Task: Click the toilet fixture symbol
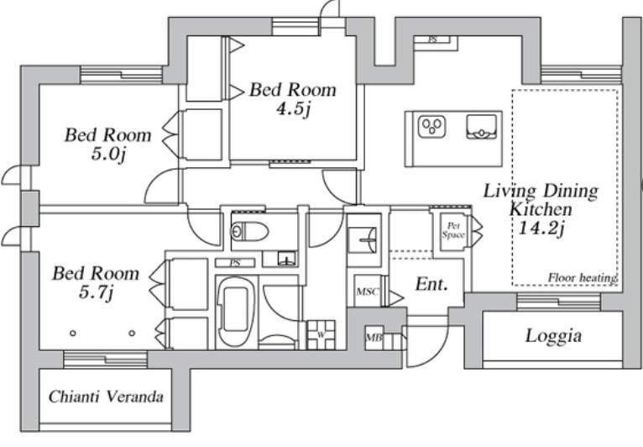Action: (249, 232)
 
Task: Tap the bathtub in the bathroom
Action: (235, 313)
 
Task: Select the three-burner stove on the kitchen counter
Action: (431, 127)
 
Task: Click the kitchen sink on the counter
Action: (482, 127)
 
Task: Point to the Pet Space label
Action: (453, 230)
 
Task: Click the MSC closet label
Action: (368, 292)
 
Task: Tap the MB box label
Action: (374, 338)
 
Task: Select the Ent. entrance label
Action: (431, 284)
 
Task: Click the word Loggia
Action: (554, 336)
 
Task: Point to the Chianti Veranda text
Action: (106, 397)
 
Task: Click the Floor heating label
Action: (583, 278)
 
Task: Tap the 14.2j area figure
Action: (541, 228)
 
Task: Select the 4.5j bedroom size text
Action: (293, 108)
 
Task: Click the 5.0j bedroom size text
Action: (107, 154)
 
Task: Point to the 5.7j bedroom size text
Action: (96, 292)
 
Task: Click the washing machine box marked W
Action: (321, 335)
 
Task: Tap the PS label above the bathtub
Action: (235, 263)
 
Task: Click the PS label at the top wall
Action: (432, 39)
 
